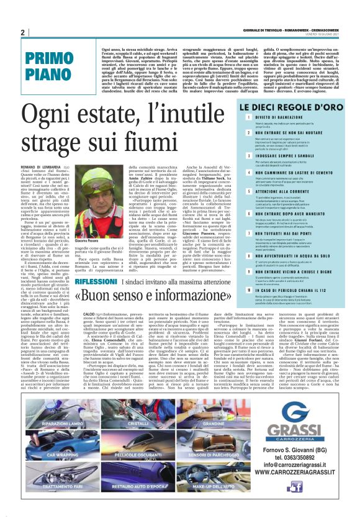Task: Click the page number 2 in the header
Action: (x=22, y=32)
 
